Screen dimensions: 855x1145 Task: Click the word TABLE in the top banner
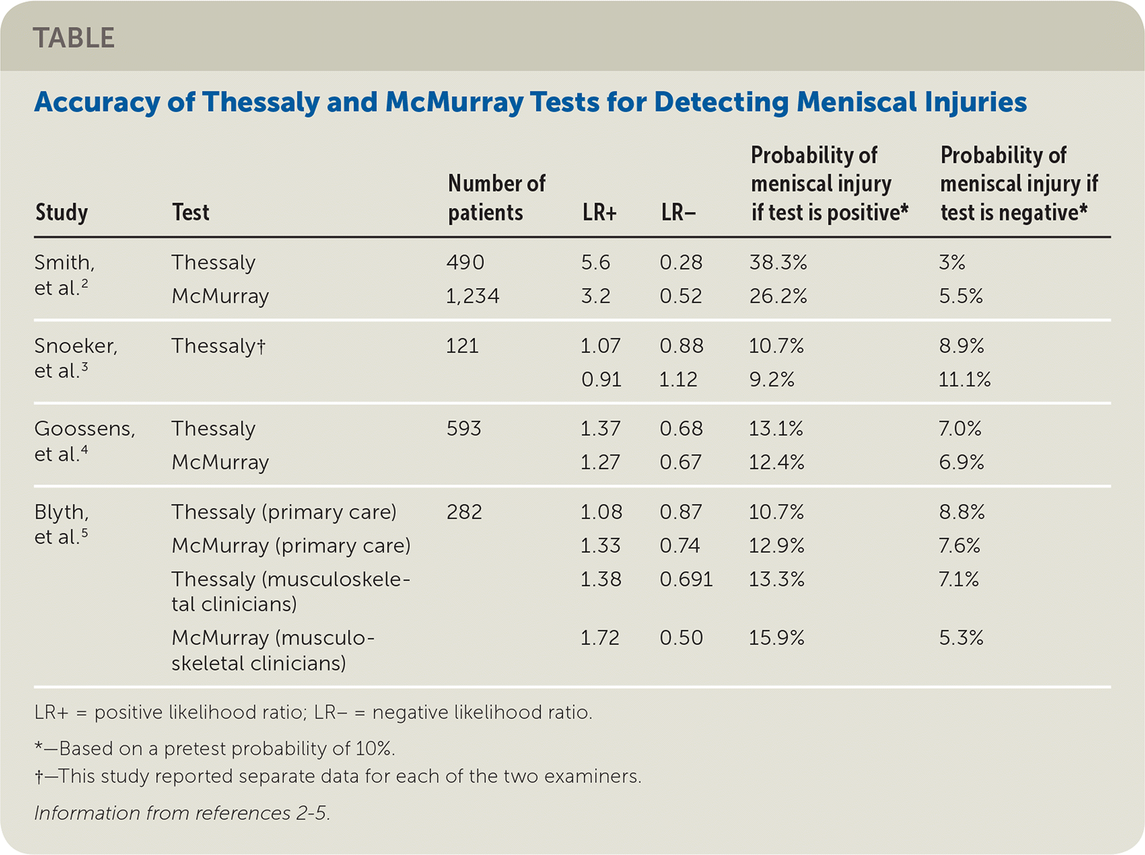click(73, 38)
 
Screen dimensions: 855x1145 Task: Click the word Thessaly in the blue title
click(260, 102)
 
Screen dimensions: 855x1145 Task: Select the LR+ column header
click(599, 213)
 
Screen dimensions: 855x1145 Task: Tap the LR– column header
click(678, 213)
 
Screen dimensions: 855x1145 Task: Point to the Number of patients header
click(496, 198)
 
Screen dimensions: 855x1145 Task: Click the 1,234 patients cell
click(473, 296)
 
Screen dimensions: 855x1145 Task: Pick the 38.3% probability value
click(778, 262)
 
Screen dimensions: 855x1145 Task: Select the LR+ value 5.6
click(596, 262)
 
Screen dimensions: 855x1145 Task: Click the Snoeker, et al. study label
click(75, 358)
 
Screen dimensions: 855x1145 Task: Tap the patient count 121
click(462, 346)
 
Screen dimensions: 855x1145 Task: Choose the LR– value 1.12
click(679, 379)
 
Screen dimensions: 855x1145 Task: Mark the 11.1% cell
click(965, 379)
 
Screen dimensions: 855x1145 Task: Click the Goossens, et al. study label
click(84, 441)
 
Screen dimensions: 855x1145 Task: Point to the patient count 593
click(464, 429)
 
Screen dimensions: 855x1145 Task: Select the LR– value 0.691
click(686, 579)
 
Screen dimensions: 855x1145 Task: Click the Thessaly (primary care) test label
click(283, 512)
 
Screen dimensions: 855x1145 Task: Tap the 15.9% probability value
click(777, 638)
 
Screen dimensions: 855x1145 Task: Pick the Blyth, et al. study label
click(61, 524)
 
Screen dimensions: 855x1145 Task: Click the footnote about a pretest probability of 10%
click(215, 749)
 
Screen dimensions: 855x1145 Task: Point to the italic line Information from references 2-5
click(182, 813)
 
